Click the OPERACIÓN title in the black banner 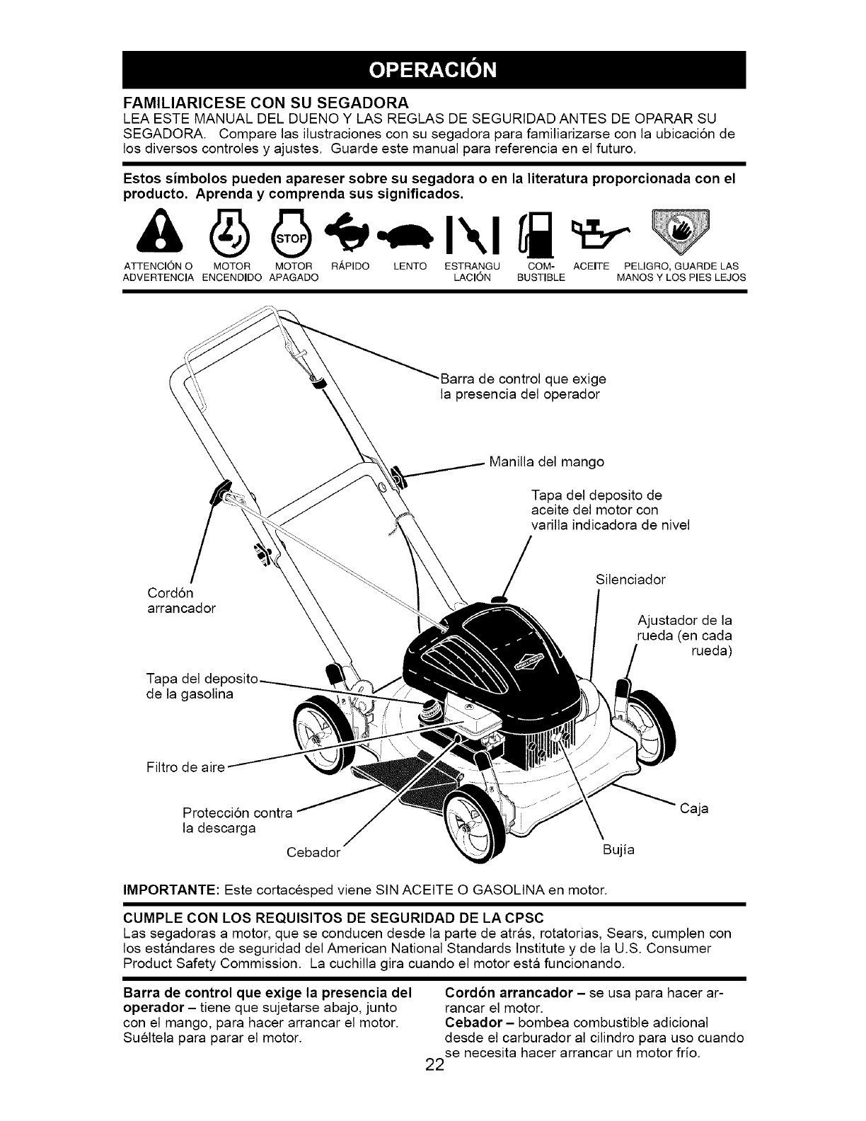(434, 71)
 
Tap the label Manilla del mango (546, 462)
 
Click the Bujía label (619, 850)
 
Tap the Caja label (694, 808)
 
